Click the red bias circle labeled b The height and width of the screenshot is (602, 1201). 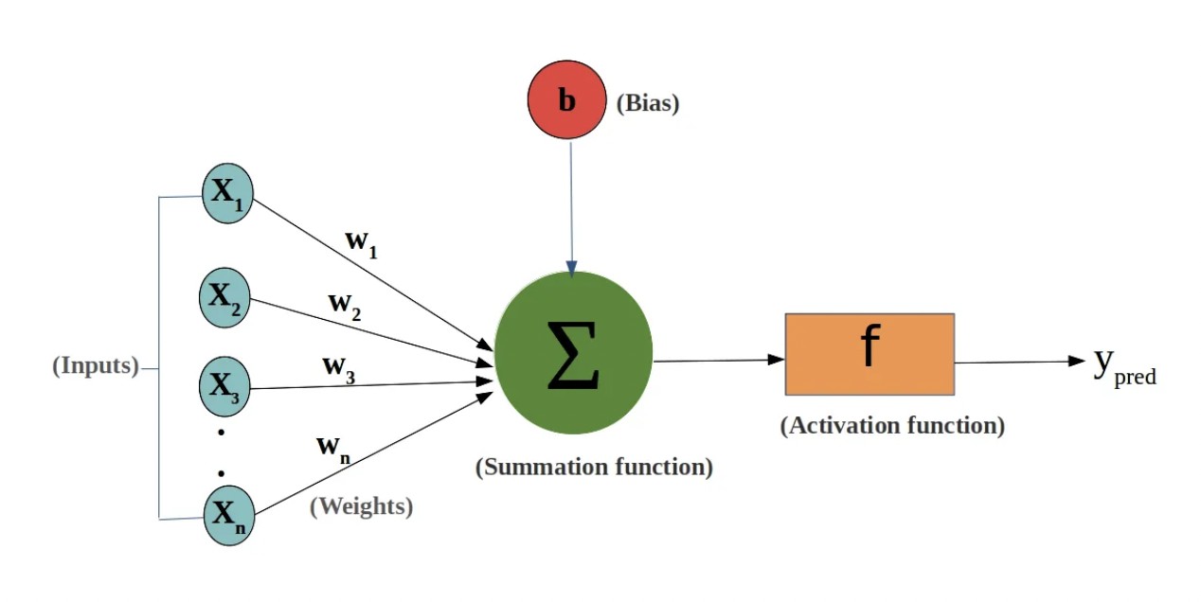click(x=566, y=99)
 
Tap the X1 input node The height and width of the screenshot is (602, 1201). click(x=227, y=194)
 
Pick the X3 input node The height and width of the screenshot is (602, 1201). click(x=224, y=385)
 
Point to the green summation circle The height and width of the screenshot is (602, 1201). click(x=573, y=353)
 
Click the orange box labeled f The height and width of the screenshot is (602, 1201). click(x=869, y=353)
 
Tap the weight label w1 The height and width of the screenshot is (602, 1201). click(x=361, y=242)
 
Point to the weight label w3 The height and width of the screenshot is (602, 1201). click(x=338, y=367)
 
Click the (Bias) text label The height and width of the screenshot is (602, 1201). click(x=648, y=103)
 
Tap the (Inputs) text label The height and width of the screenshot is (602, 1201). click(x=96, y=365)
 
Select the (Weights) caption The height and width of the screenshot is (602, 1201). click(x=362, y=506)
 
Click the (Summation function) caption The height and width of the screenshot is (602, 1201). click(x=594, y=467)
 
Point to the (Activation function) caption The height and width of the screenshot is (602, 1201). click(x=892, y=425)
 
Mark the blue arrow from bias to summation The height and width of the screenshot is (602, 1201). click(x=571, y=208)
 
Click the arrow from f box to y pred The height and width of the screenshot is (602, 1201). click(x=1019, y=362)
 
